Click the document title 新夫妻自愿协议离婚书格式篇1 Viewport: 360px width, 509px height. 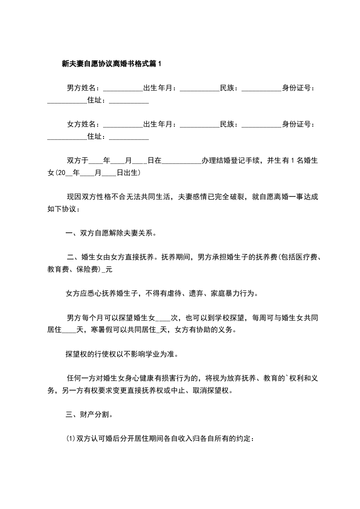click(111, 64)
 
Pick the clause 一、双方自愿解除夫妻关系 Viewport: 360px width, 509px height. click(111, 234)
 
